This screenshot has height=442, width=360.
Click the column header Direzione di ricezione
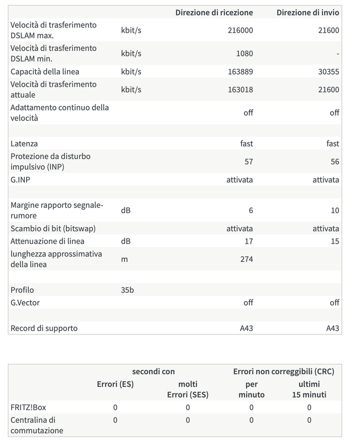pyautogui.click(x=214, y=12)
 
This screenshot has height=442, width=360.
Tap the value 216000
pyautogui.click(x=240, y=30)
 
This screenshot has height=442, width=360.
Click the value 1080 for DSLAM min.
pyautogui.click(x=244, y=54)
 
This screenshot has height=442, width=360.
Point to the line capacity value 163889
pyautogui.click(x=240, y=72)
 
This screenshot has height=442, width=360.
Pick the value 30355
pyautogui.click(x=328, y=72)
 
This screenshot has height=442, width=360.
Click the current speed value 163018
pyautogui.click(x=240, y=90)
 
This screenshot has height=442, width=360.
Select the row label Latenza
pyautogui.click(x=24, y=144)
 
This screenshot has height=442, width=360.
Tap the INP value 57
pyautogui.click(x=248, y=162)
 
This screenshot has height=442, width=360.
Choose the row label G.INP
pyautogui.click(x=21, y=180)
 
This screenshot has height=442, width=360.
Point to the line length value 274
pyautogui.click(x=246, y=259)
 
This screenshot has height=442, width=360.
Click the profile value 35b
pyautogui.click(x=127, y=290)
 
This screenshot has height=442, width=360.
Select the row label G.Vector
pyautogui.click(x=25, y=303)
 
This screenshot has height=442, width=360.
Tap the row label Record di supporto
pyautogui.click(x=44, y=328)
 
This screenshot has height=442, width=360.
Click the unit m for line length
pyautogui.click(x=124, y=259)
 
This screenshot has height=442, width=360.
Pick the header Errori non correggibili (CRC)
pyautogui.click(x=284, y=372)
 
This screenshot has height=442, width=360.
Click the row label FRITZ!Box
pyautogui.click(x=28, y=408)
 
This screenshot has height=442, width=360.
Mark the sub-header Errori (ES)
pyautogui.click(x=115, y=384)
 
